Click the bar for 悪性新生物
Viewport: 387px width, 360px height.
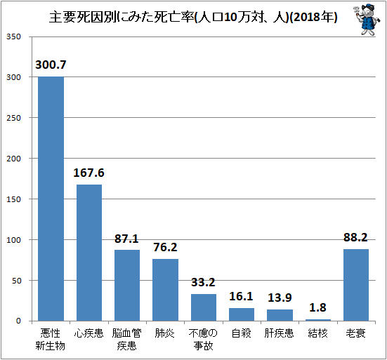(51, 199)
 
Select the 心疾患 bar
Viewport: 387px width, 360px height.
(89, 253)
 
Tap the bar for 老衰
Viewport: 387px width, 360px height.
(356, 285)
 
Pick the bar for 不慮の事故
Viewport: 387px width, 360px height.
(204, 307)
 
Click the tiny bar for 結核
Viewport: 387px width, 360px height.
(318, 320)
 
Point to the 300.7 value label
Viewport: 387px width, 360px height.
(51, 65)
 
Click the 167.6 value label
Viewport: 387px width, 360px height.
(89, 173)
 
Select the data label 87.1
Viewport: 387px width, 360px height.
(126, 239)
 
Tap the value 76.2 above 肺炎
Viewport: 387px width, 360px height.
(165, 247)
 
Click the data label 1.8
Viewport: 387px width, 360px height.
(318, 307)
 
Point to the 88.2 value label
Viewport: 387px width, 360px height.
(355, 237)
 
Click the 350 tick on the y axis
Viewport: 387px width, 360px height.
(13, 36)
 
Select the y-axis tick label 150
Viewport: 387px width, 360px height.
(13, 199)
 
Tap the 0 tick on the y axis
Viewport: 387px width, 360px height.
(18, 321)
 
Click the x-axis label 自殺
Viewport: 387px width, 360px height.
(242, 333)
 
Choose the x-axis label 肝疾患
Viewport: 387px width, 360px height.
(279, 333)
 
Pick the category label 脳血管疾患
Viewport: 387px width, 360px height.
(127, 340)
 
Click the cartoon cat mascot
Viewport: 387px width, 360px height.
(366, 19)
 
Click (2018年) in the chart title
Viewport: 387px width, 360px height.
(313, 18)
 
